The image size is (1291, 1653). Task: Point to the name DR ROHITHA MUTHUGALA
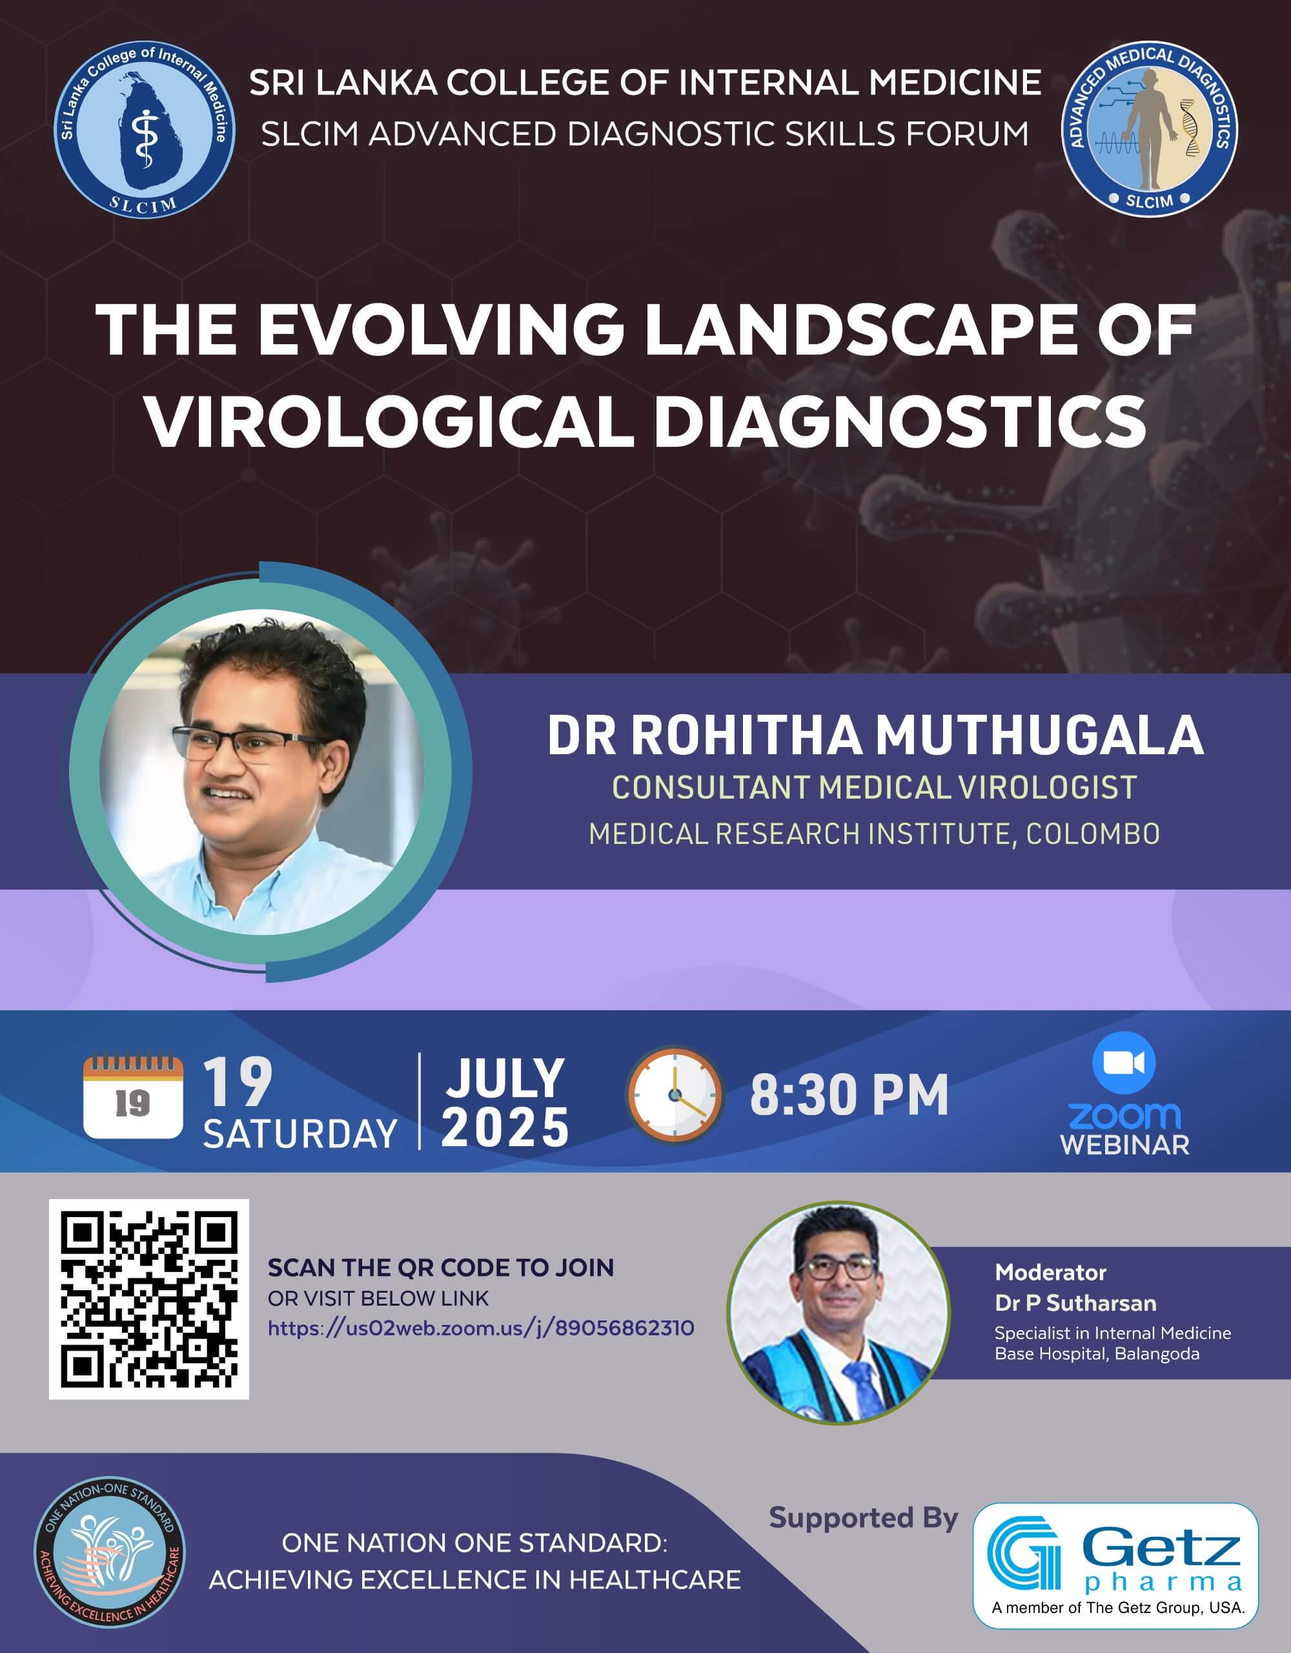click(x=875, y=735)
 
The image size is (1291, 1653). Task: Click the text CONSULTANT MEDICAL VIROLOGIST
click(x=874, y=787)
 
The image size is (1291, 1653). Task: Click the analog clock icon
click(x=675, y=1094)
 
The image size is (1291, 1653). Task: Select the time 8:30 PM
click(x=849, y=1095)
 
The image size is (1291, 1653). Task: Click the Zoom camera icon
click(x=1124, y=1062)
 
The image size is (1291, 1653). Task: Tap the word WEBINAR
click(x=1124, y=1144)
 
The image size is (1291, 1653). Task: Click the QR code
click(x=149, y=1299)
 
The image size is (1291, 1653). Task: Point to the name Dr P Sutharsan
click(x=1075, y=1303)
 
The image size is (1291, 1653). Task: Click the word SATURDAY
click(x=300, y=1133)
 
